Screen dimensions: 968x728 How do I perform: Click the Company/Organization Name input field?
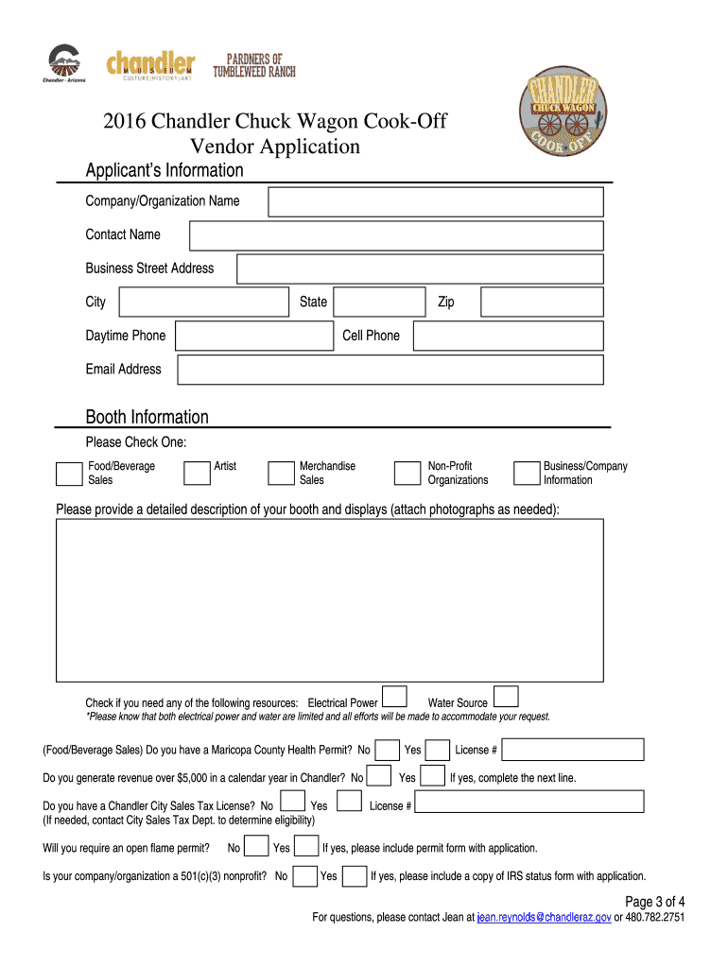[435, 201]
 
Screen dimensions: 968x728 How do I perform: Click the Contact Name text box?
[395, 235]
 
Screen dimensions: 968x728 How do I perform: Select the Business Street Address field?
[419, 268]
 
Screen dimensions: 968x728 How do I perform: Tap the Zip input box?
[541, 302]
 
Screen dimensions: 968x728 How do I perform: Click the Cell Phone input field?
[507, 336]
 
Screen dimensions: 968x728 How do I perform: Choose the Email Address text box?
[390, 370]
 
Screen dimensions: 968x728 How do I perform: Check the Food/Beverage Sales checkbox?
[69, 473]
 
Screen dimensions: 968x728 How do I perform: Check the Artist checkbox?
[197, 473]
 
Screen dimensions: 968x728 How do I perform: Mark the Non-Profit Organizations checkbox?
[407, 473]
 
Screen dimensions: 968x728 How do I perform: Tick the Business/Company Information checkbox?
[526, 473]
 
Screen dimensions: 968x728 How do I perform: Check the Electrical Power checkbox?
[394, 697]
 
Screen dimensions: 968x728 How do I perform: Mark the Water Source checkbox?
[506, 697]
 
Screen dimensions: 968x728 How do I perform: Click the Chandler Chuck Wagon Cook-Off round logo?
[563, 110]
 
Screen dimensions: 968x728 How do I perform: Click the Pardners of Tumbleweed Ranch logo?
[253, 65]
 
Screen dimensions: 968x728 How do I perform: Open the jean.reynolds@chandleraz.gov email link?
[544, 918]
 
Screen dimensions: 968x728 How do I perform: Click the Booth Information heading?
[147, 417]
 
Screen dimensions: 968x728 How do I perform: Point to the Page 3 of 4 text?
[655, 901]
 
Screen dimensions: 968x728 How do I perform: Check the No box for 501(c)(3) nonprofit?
[304, 876]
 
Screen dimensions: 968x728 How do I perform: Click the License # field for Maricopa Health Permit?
[572, 750]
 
